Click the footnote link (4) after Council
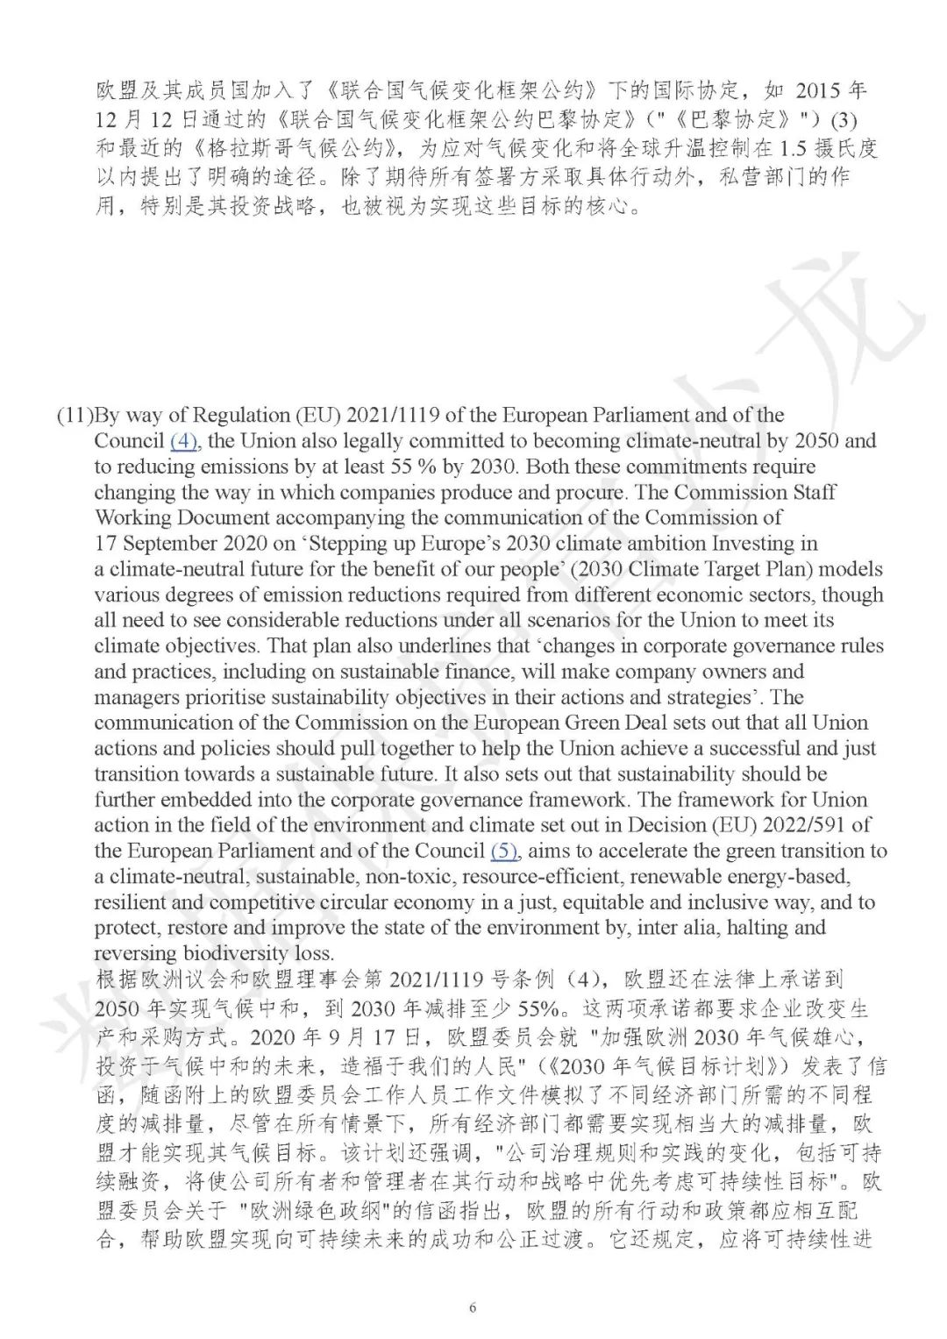tap(183, 440)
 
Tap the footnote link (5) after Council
tap(503, 851)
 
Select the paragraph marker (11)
tap(75, 415)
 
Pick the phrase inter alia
tap(690, 928)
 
